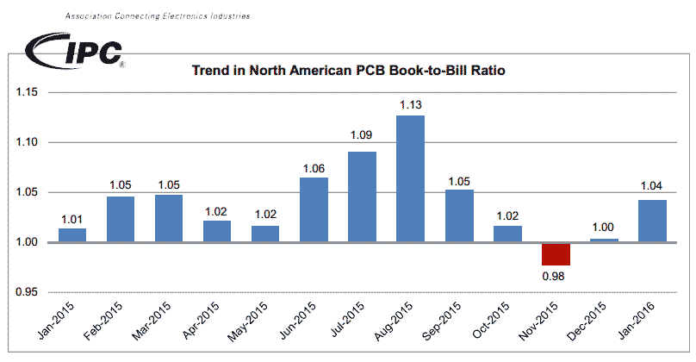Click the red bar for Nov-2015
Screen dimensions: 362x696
[556, 254]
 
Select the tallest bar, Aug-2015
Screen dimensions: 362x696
[410, 178]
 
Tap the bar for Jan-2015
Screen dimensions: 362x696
[72, 235]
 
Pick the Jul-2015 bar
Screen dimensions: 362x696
[362, 197]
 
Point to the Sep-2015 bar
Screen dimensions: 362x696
[459, 215]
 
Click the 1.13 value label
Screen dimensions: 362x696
[410, 105]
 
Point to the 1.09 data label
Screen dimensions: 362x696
[362, 135]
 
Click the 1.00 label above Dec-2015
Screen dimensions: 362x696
[604, 228]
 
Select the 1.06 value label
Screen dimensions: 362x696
[314, 168]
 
